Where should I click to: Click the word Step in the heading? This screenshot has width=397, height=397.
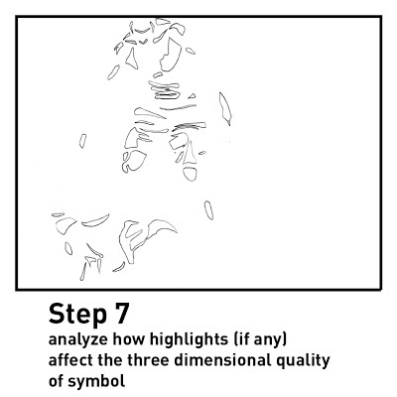point(77,315)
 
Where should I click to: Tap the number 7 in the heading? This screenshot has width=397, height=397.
point(121,313)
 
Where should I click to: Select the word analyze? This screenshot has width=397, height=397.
point(78,340)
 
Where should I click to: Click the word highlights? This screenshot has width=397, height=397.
point(190,340)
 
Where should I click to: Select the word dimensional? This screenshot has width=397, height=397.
point(222,360)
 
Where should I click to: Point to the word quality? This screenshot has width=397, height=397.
point(303,361)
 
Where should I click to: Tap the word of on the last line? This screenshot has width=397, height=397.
point(56,380)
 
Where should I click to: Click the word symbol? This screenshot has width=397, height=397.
point(96,382)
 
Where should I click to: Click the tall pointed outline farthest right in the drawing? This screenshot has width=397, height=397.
point(225,108)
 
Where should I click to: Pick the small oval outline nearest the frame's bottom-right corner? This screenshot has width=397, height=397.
point(208,210)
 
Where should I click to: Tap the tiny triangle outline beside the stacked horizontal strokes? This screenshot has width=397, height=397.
point(192,96)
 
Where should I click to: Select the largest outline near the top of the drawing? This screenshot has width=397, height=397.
point(171,54)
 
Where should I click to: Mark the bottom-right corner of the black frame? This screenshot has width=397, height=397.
point(381,290)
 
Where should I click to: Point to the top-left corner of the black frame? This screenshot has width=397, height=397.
point(17,17)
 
